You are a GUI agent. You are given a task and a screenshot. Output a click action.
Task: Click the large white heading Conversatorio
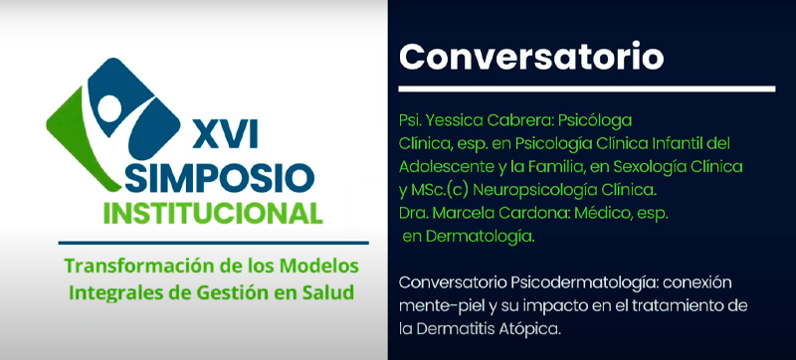tap(531, 57)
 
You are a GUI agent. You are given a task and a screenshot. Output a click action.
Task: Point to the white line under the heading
tap(587, 90)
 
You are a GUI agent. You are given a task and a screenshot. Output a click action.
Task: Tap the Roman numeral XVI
tap(225, 135)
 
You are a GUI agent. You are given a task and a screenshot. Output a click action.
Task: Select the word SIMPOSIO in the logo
tap(219, 178)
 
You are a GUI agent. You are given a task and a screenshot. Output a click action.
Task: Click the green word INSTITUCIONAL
tap(213, 214)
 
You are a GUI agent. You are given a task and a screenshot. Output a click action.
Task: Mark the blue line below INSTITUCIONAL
tap(213, 243)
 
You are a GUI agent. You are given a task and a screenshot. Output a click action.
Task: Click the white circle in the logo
tap(109, 108)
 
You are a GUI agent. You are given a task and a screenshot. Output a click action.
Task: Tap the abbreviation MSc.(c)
tap(442, 191)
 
